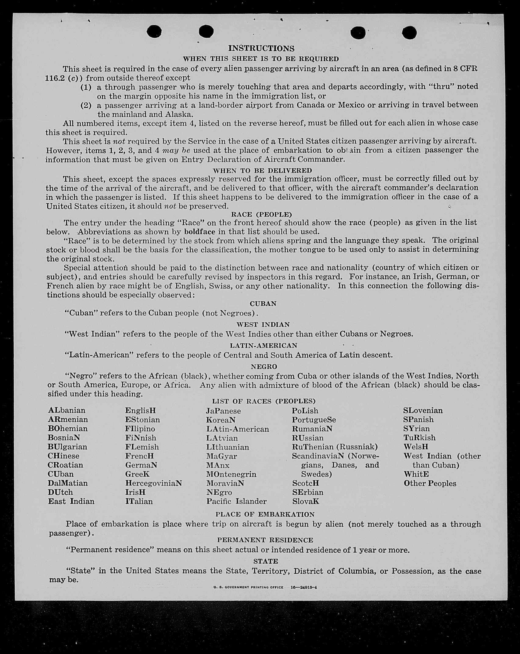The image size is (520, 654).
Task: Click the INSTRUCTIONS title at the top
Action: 261,49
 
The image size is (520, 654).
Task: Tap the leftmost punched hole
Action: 154,31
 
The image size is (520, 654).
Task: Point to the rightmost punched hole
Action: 409,33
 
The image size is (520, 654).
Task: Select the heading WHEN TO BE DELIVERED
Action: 262,170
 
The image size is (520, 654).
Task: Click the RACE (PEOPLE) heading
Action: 262,214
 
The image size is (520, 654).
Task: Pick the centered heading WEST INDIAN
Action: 263,325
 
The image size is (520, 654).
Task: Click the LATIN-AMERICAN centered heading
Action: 264,346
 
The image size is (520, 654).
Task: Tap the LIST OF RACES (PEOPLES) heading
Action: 264,401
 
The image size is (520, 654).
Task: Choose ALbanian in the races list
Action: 67,410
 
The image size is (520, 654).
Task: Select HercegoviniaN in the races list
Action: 153,483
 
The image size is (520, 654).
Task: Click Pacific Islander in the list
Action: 236,501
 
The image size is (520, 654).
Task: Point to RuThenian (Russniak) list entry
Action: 335,447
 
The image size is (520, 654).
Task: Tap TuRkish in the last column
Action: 419,438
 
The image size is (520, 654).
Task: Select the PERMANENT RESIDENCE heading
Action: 265,540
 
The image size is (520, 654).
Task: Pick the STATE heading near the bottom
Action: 265,561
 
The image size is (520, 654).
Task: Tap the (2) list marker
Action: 86,106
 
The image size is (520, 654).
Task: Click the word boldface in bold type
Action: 199,232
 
